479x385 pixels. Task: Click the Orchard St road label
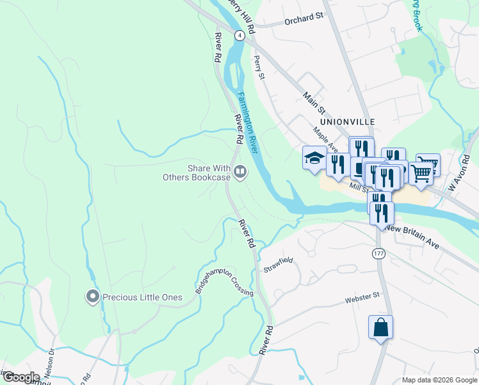tap(303, 18)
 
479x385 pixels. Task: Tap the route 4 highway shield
tap(239, 36)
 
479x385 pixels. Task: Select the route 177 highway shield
tap(378, 254)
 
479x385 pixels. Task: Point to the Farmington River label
tap(247, 122)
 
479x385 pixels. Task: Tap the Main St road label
tap(316, 96)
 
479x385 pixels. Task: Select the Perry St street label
tap(259, 67)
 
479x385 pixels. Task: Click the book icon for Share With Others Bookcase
tap(240, 171)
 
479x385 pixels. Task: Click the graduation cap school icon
tap(314, 157)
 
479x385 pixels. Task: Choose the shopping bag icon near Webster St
tap(380, 327)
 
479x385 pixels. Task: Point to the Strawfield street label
tap(278, 265)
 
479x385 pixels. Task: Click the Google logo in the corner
tap(20, 377)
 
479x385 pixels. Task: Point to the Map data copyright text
tap(439, 380)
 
